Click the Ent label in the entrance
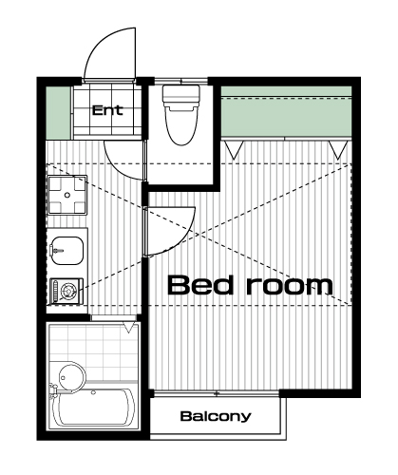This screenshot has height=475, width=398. (107, 110)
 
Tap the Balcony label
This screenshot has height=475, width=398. (216, 416)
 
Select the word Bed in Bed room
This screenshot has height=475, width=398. (200, 285)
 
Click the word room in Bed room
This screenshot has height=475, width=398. (290, 286)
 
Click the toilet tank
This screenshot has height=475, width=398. (181, 94)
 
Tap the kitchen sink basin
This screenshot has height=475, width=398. (66, 251)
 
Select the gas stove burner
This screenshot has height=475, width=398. (67, 290)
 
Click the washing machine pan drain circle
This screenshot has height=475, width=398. (67, 195)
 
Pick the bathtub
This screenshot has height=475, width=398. (93, 408)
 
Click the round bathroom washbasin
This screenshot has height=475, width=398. (72, 378)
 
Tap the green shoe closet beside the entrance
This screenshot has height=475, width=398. (58, 113)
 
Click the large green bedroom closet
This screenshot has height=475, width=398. (286, 111)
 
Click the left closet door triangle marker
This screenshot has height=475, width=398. (234, 150)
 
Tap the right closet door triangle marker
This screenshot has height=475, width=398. (338, 150)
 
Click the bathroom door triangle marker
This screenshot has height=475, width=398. (128, 327)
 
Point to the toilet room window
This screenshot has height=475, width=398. (180, 81)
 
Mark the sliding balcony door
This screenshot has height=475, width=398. (217, 394)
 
